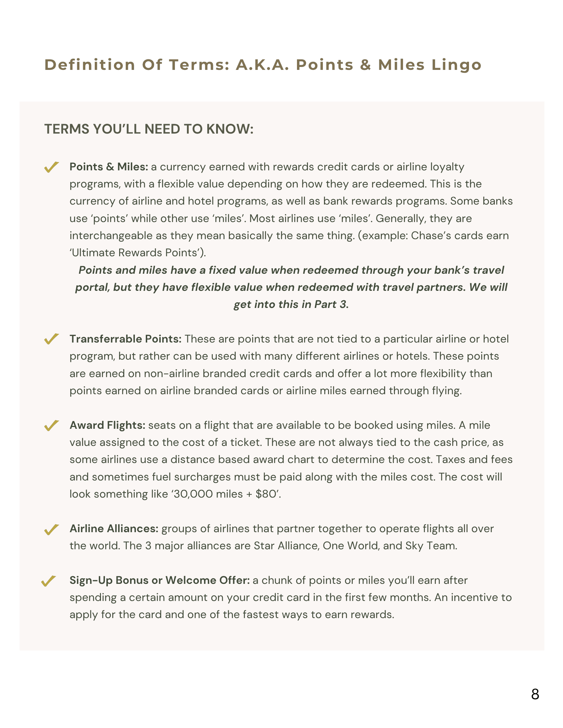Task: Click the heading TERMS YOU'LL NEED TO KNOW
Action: (x=149, y=129)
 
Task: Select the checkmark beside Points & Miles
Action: (x=51, y=167)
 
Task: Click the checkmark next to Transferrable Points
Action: (x=51, y=339)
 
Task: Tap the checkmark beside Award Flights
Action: (x=51, y=425)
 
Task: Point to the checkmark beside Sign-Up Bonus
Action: (x=48, y=581)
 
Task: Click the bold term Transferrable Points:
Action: (x=125, y=339)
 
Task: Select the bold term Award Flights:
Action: (x=107, y=425)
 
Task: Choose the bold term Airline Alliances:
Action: (x=114, y=529)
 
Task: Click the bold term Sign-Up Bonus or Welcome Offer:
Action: (x=160, y=580)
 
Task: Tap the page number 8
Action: (x=535, y=695)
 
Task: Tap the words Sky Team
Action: (x=430, y=546)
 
